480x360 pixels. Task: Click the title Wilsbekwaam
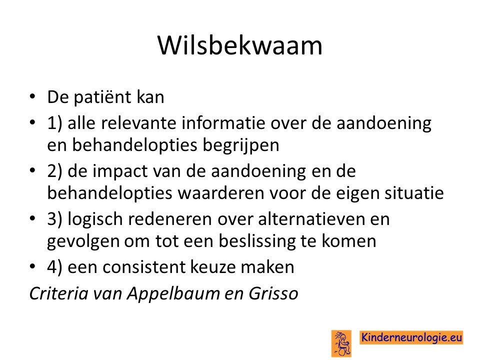point(240,45)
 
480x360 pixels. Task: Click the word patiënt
point(102,97)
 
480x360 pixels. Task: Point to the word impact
point(120,171)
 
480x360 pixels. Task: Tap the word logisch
point(95,219)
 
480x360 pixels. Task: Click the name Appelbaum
point(173,293)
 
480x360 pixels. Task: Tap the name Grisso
point(273,293)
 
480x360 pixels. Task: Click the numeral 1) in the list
point(54,123)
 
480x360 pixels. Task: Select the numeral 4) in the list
point(54,267)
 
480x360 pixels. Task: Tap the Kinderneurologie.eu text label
point(411,337)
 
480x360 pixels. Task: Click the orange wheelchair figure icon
point(341,343)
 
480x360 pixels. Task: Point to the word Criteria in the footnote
point(59,293)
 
